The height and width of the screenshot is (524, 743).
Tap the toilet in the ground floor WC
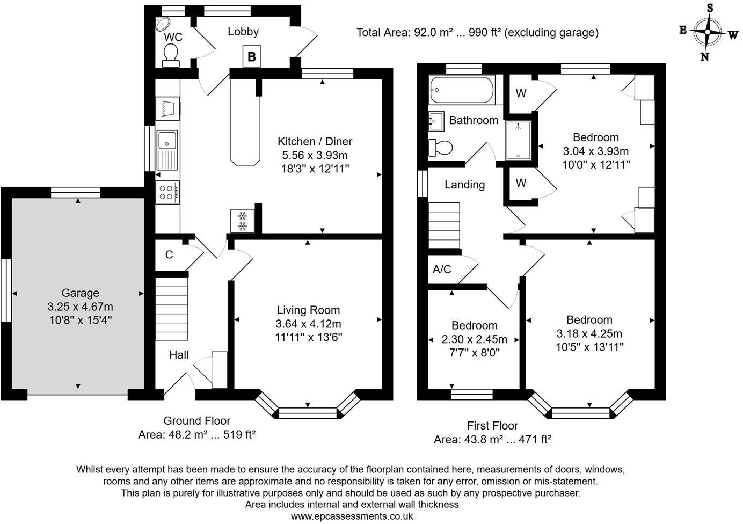171,55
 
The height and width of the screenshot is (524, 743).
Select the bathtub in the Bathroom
461,90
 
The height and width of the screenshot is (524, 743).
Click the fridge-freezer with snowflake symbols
242,221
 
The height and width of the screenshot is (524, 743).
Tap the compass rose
708,32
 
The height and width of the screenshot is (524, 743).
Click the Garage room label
80,293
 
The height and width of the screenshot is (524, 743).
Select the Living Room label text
308,310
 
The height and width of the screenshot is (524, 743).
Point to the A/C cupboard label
442,270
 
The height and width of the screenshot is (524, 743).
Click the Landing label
464,185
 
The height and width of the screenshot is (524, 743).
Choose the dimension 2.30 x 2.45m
474,339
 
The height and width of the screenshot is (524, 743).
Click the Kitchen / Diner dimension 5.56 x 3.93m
315,156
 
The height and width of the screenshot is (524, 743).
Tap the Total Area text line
477,33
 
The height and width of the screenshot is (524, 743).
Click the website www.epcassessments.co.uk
352,516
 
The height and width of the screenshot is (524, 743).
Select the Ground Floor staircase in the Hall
172,309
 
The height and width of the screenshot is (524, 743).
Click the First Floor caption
492,426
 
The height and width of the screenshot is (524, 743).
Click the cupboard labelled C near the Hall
169,255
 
